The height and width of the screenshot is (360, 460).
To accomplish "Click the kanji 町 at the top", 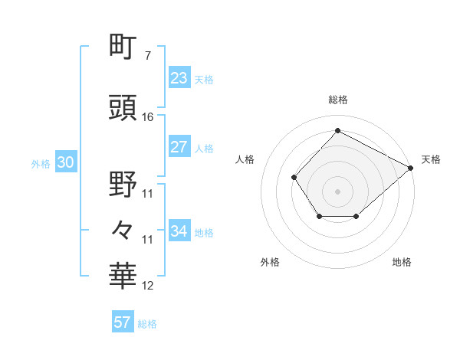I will pyautogui.click(x=123, y=47).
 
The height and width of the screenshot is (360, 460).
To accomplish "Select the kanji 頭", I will pyautogui.click(x=123, y=107).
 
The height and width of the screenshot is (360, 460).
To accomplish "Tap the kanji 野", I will pyautogui.click(x=123, y=184).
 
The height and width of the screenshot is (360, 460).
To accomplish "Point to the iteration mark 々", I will pyautogui.click(x=123, y=229).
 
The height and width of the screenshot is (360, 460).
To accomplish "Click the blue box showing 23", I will pyautogui.click(x=179, y=78).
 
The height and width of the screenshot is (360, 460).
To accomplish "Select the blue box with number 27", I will pyautogui.click(x=179, y=148).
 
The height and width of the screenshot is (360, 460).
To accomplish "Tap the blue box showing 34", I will pyautogui.click(x=179, y=231).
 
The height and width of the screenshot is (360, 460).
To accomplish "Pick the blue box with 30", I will pyautogui.click(x=65, y=163).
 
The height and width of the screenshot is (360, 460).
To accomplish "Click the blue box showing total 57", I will pyautogui.click(x=123, y=322).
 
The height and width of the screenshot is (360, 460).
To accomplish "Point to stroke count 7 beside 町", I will pyautogui.click(x=147, y=56).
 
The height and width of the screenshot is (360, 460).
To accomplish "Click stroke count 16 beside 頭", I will pyautogui.click(x=148, y=117).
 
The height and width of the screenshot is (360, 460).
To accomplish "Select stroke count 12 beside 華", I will pyautogui.click(x=148, y=286).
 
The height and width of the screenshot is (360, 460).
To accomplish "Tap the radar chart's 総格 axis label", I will pyautogui.click(x=337, y=100).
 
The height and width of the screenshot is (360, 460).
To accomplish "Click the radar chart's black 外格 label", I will pyautogui.click(x=270, y=262).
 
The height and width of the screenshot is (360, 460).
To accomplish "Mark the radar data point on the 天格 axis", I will pyautogui.click(x=410, y=168).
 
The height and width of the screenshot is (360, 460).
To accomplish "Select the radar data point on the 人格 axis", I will pyautogui.click(x=294, y=178).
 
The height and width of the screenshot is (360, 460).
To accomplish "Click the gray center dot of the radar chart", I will pyautogui.click(x=337, y=191).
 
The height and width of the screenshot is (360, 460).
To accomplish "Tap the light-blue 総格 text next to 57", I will pyautogui.click(x=147, y=324).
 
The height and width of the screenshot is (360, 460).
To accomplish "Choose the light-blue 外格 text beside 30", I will pyautogui.click(x=41, y=164).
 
